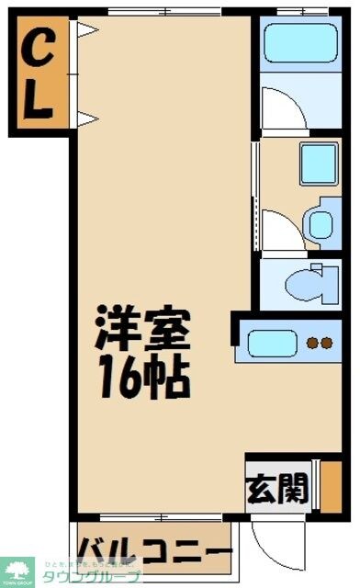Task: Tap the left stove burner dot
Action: coord(311,345)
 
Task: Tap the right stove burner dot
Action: coord(325,345)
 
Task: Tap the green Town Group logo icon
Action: coord(17,571)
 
